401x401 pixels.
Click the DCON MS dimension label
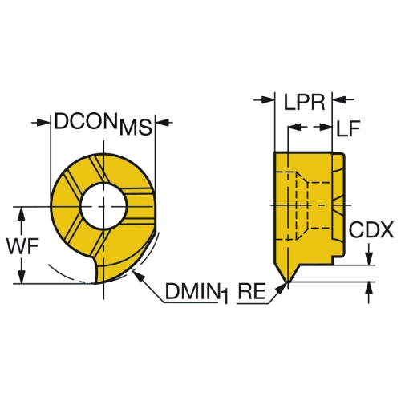point(103,124)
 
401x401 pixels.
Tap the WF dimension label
point(23,246)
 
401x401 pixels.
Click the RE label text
point(252,291)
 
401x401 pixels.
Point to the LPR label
point(304,102)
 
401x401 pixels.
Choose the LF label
point(348,128)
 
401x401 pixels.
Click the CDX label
point(371,229)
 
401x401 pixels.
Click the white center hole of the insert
point(103,206)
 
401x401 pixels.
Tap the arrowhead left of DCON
point(44,123)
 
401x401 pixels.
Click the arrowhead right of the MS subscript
point(162,123)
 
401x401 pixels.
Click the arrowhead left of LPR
point(268,100)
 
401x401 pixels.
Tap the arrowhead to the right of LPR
point(338,100)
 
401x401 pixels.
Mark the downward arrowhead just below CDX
point(369,258)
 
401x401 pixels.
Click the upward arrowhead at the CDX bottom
point(369,288)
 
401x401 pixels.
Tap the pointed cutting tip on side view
point(287,282)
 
